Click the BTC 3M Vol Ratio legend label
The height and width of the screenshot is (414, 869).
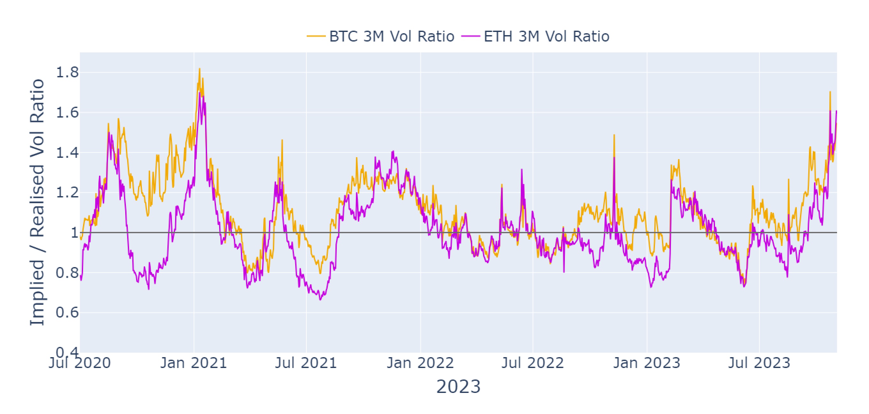point(392,36)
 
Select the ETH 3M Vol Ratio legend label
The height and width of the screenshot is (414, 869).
point(547,36)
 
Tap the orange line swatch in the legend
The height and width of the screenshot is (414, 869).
point(316,36)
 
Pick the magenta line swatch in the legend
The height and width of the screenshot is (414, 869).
point(471,36)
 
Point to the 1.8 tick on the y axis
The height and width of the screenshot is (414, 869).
point(67,73)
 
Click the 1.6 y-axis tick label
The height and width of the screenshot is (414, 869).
point(67,113)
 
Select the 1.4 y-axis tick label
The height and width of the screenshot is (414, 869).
point(67,153)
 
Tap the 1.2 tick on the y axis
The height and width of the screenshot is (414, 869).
point(67,193)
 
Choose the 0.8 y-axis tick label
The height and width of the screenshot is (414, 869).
point(67,272)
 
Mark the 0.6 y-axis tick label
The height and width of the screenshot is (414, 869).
point(67,313)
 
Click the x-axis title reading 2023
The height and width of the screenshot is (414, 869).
point(458,387)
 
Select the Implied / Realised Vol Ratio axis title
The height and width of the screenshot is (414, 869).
point(37,203)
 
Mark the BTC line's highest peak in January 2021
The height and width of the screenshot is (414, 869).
point(199,69)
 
